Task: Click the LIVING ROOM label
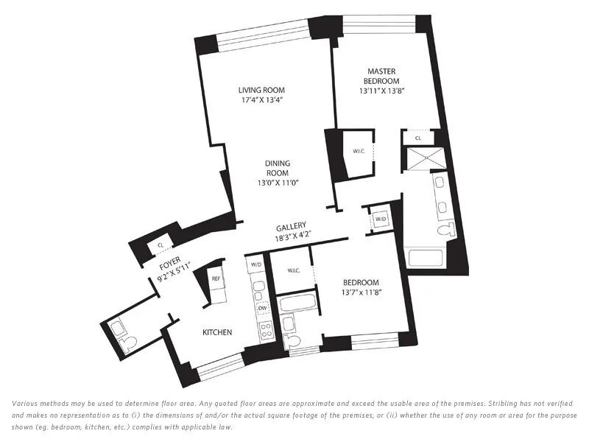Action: point(255,90)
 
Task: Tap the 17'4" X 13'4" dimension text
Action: point(255,99)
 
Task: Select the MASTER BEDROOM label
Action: point(383,76)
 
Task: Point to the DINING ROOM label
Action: point(278,167)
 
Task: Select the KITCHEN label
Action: point(217,332)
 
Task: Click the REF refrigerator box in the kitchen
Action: point(216,279)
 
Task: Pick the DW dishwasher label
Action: point(263,309)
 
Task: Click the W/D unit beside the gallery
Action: point(381,220)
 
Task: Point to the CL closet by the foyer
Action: point(161,245)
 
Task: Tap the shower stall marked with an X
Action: point(425,156)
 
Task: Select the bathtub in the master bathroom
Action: point(425,258)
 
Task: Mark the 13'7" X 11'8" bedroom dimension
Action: point(361,292)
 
